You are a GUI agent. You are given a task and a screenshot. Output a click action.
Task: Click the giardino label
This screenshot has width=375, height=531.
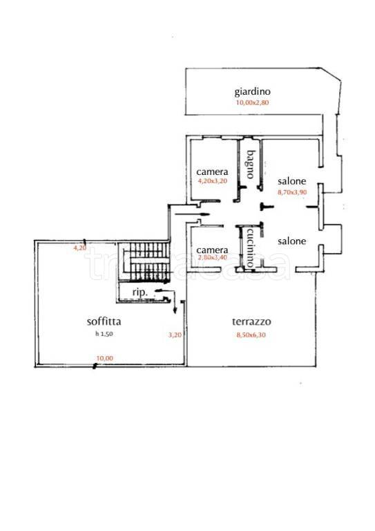pos(253,92)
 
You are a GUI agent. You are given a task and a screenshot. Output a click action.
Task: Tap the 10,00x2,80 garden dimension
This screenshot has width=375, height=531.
pos(252,102)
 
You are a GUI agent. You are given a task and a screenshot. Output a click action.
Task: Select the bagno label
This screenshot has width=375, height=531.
pos(250,165)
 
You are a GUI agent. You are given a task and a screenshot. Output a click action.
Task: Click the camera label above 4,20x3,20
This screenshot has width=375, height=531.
pos(212,172)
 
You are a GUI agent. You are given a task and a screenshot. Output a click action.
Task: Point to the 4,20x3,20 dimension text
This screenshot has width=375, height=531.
pos(212,181)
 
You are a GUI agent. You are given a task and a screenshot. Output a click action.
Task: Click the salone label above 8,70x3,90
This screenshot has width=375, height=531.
pos(292,181)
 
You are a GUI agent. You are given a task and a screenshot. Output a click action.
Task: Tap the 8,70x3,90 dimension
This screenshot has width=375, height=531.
pos(292,192)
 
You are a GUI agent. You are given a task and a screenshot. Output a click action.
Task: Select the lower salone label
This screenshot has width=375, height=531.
pos(292,241)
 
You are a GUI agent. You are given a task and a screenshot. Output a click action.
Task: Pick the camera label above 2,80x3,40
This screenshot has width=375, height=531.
pos(212,250)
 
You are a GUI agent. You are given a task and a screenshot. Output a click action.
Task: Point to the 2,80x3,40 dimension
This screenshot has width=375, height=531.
pos(212,257)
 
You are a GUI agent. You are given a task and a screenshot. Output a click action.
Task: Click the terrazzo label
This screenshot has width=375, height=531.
pos(251,322)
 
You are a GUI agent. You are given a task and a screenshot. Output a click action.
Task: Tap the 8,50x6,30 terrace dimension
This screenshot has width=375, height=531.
pos(251,335)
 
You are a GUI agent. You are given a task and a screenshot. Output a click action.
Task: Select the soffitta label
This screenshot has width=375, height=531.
pos(104,321)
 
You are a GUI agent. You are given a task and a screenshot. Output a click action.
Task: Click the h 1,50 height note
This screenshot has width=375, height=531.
pos(104,334)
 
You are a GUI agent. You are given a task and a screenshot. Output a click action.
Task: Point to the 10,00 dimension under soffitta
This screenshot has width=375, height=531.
pos(105,358)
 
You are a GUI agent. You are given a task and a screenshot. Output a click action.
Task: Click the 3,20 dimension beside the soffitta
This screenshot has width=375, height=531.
pos(175,335)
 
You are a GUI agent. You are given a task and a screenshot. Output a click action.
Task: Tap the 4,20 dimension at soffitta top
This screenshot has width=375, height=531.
pos(80,248)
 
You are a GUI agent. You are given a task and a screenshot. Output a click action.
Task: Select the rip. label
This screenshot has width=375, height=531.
pos(140,292)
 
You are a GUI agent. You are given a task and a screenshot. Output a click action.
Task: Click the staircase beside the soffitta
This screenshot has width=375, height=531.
pos(144,262)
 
